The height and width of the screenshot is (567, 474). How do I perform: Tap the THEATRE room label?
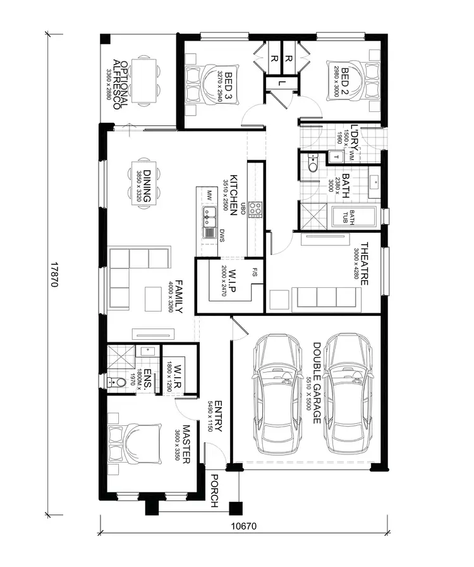click(365, 263)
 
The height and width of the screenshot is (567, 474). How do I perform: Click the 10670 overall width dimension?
click(245, 525)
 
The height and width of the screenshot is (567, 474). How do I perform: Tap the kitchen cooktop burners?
click(255, 209)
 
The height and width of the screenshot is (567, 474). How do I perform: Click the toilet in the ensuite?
click(116, 382)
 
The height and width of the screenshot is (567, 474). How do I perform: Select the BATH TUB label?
click(348, 216)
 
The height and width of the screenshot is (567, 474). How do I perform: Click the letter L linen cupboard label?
click(279, 82)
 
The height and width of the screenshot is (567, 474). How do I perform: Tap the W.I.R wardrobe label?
click(178, 377)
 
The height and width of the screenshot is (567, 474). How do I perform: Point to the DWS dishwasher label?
click(222, 237)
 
